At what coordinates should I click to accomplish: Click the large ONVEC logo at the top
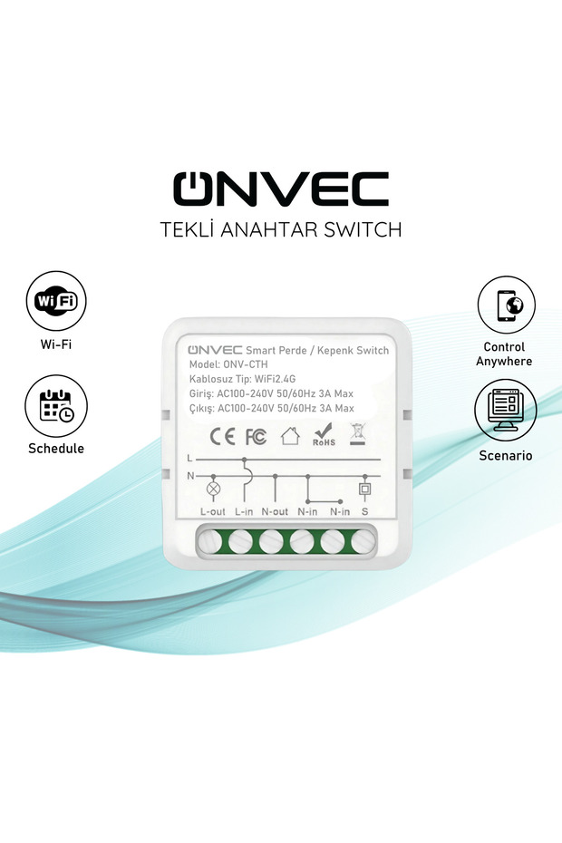(280, 189)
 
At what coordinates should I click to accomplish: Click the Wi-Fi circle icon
(56, 303)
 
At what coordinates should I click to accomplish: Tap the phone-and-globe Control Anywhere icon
(507, 306)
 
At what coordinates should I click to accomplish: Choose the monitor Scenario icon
(506, 410)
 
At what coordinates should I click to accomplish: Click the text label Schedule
(56, 449)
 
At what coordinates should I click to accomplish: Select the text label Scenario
(506, 456)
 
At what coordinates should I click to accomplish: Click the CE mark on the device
(222, 437)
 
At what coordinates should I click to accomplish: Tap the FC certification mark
(256, 437)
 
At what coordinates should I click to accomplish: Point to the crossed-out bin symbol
(357, 435)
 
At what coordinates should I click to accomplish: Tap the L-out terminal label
(212, 511)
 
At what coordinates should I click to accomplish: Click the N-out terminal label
(275, 511)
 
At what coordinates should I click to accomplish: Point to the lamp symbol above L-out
(215, 489)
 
